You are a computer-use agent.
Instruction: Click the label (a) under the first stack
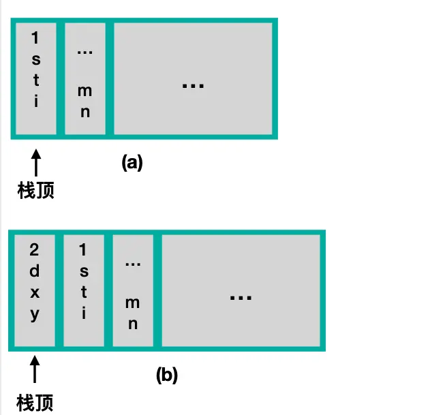pos(132,163)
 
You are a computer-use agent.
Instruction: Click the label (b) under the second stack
pos(167,375)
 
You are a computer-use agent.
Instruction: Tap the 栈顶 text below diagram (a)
pos(35,191)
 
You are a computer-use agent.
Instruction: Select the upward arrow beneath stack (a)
pos(35,164)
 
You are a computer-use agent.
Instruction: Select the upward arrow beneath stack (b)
pos(35,373)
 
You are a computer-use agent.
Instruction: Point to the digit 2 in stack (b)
pos(35,250)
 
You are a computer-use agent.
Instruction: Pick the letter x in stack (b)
pos(35,293)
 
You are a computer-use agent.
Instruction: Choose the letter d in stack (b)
pos(35,271)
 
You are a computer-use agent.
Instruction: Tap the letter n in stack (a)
pos(85,112)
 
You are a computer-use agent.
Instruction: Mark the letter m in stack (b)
pos(133,303)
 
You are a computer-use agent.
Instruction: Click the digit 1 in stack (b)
pos(84,250)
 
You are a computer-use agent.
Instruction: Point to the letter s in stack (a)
pos(35,60)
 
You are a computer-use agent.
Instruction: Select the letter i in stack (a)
pos(35,102)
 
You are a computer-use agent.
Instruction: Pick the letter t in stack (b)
pos(84,293)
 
